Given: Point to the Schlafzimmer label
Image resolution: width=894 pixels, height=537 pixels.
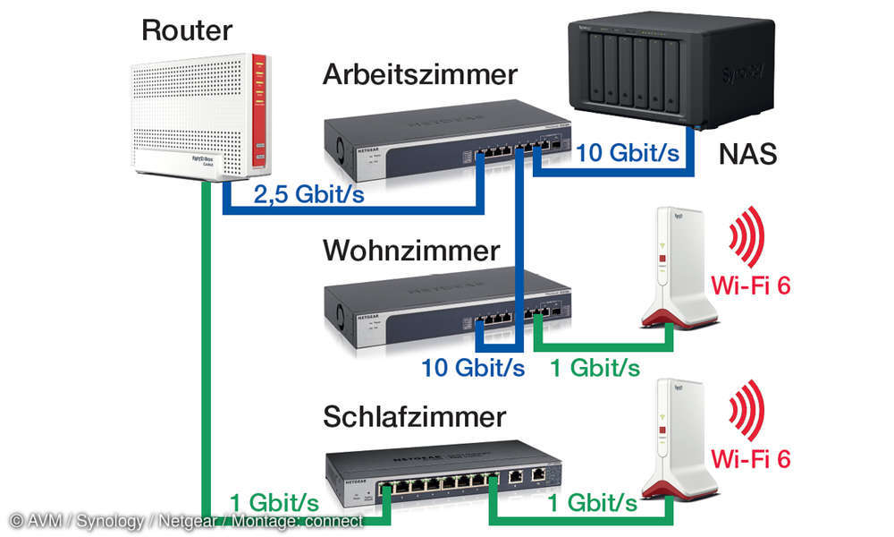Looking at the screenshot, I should click(414, 417).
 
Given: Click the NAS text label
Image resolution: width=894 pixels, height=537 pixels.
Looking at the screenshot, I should click(747, 155).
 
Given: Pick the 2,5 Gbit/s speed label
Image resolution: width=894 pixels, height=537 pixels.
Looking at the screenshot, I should click(308, 194).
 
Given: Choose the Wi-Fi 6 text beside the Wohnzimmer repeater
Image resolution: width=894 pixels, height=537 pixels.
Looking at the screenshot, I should click(751, 286).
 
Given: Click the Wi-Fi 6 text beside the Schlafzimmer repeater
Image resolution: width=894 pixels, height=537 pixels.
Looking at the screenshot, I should click(751, 459).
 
